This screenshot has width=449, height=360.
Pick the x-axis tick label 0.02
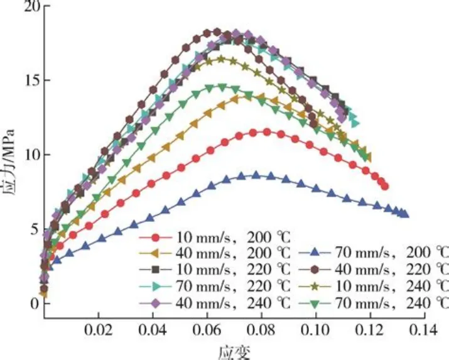tap(98, 329)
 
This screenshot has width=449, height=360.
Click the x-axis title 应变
tap(233, 351)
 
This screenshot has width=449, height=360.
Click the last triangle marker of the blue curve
tap(404, 214)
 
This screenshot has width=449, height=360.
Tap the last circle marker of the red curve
tap(384, 186)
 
